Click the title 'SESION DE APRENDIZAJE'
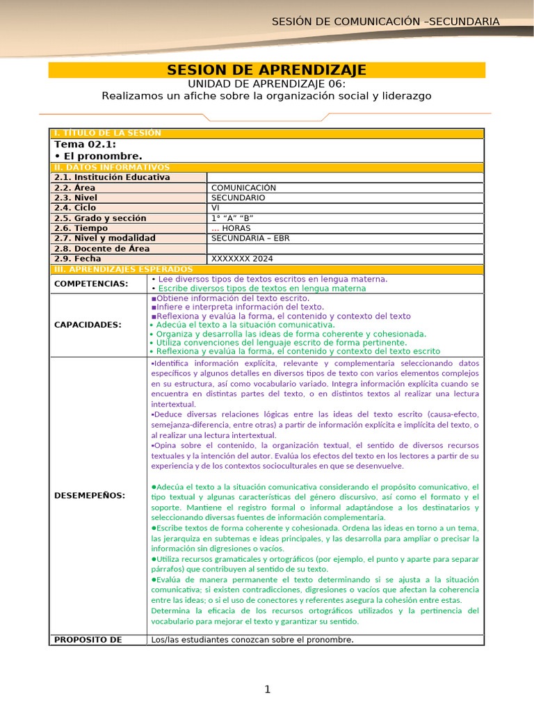point(266,70)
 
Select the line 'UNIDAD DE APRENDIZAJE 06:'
point(266,83)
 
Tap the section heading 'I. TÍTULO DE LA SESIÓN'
point(108,133)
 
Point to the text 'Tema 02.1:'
point(80,145)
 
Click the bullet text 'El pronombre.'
point(98,156)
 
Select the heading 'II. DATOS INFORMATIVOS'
point(112,168)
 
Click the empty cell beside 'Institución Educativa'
point(344,177)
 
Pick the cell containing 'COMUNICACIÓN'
point(243,188)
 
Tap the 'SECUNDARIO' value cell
point(238,197)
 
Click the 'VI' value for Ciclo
point(216,208)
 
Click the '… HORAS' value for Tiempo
point(231,228)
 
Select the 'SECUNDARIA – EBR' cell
point(250,238)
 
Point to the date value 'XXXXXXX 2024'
point(242,259)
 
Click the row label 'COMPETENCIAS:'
point(91,284)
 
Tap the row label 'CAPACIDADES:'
point(88,325)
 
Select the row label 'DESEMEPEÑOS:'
point(90,495)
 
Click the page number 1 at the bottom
point(266,690)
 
